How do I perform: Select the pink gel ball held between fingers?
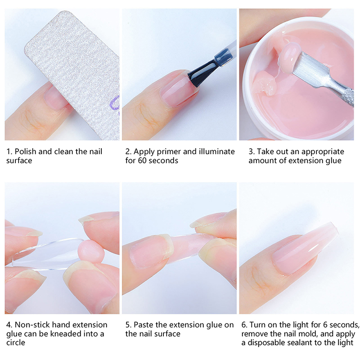[x=91, y=252]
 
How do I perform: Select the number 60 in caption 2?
[x=142, y=161]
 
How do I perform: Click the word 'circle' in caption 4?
[x=16, y=342]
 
